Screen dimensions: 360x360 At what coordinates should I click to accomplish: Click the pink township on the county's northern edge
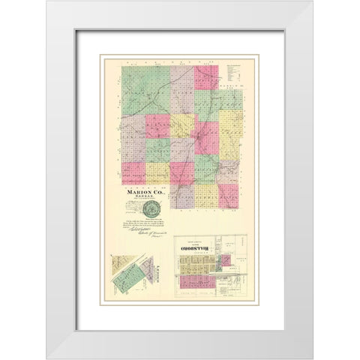(206, 77)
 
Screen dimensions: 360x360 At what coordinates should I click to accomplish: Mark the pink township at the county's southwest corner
(133, 172)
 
